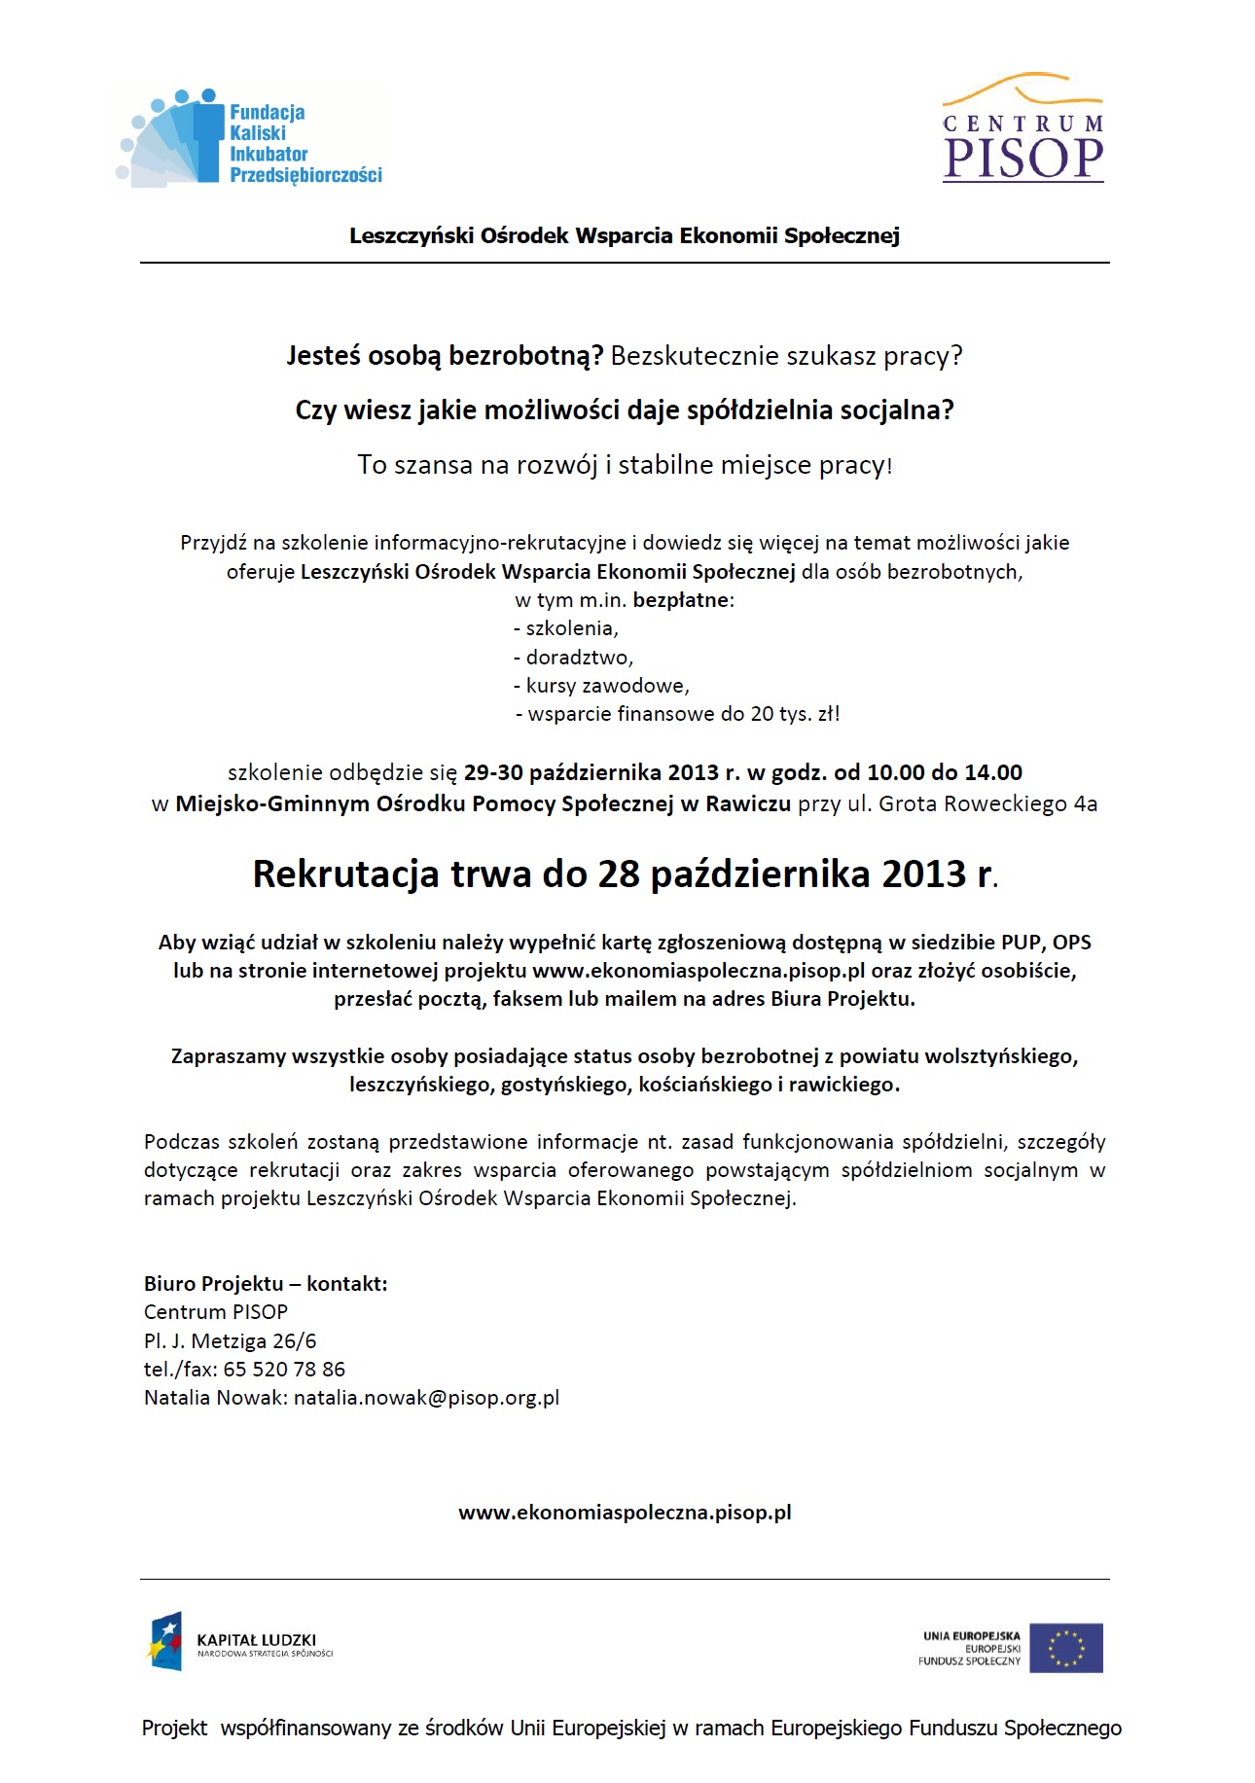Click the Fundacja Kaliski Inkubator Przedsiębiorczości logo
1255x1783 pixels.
(x=251, y=139)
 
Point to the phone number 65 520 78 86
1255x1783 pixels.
(x=284, y=1370)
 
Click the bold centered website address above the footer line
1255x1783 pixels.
(x=625, y=1513)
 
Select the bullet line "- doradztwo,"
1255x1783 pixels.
(x=574, y=658)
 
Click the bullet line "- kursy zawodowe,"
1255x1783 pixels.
(x=601, y=686)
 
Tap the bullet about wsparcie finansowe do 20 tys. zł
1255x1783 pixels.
(x=677, y=714)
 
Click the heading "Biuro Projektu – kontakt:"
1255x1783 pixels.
(x=266, y=1284)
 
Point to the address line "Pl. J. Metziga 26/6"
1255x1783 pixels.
(x=230, y=1341)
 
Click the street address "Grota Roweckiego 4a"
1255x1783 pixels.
(x=987, y=804)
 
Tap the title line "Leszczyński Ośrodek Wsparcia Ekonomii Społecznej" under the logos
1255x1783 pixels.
(x=625, y=235)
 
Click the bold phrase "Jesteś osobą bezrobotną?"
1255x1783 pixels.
(x=445, y=356)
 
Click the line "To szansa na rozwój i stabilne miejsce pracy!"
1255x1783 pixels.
(x=625, y=465)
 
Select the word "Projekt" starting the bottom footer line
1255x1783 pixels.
(x=175, y=1729)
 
